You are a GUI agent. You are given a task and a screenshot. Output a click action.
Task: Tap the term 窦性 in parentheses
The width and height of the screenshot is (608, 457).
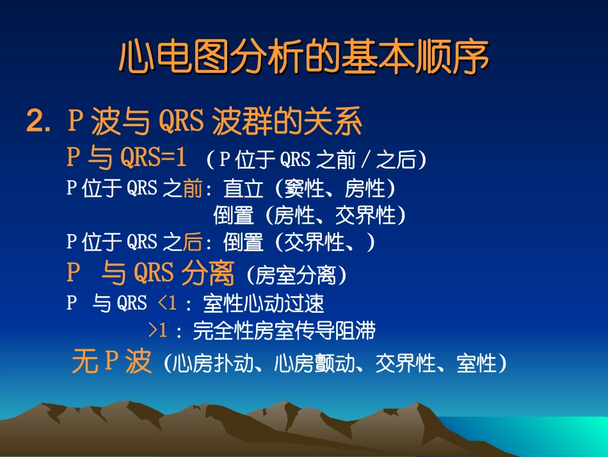pos(302,188)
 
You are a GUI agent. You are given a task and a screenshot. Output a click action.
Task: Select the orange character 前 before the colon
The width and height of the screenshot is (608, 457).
pos(192,188)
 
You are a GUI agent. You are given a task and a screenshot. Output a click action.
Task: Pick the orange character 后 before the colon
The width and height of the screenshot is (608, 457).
pos(192,242)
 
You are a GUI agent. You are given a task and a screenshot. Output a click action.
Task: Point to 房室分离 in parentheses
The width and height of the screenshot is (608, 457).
pos(296,276)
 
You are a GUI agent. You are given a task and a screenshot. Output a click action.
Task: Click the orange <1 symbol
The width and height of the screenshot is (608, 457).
pos(166,303)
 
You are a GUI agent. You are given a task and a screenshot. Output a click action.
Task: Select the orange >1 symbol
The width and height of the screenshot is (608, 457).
pos(157,330)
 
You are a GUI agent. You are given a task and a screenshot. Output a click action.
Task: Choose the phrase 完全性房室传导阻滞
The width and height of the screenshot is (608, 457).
pos(284,331)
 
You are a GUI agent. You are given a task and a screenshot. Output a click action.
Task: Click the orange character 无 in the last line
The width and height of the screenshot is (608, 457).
pos(84,362)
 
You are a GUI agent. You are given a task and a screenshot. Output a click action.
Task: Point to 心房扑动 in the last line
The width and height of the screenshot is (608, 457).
pos(205,364)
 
